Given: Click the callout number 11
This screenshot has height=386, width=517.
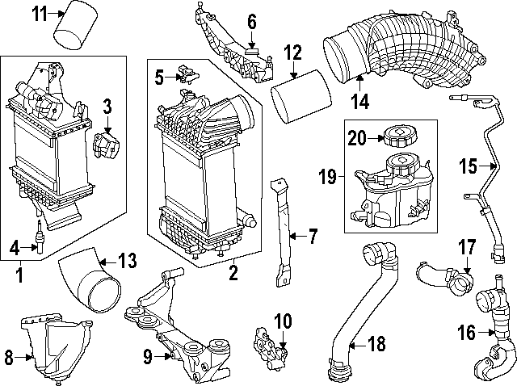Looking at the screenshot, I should pos(38,12).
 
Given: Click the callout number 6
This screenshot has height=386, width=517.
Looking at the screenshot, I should pos(251,21).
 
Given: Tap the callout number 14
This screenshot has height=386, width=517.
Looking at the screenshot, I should pos(359,101).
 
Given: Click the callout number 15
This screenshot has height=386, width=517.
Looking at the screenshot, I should pos(469,167).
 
